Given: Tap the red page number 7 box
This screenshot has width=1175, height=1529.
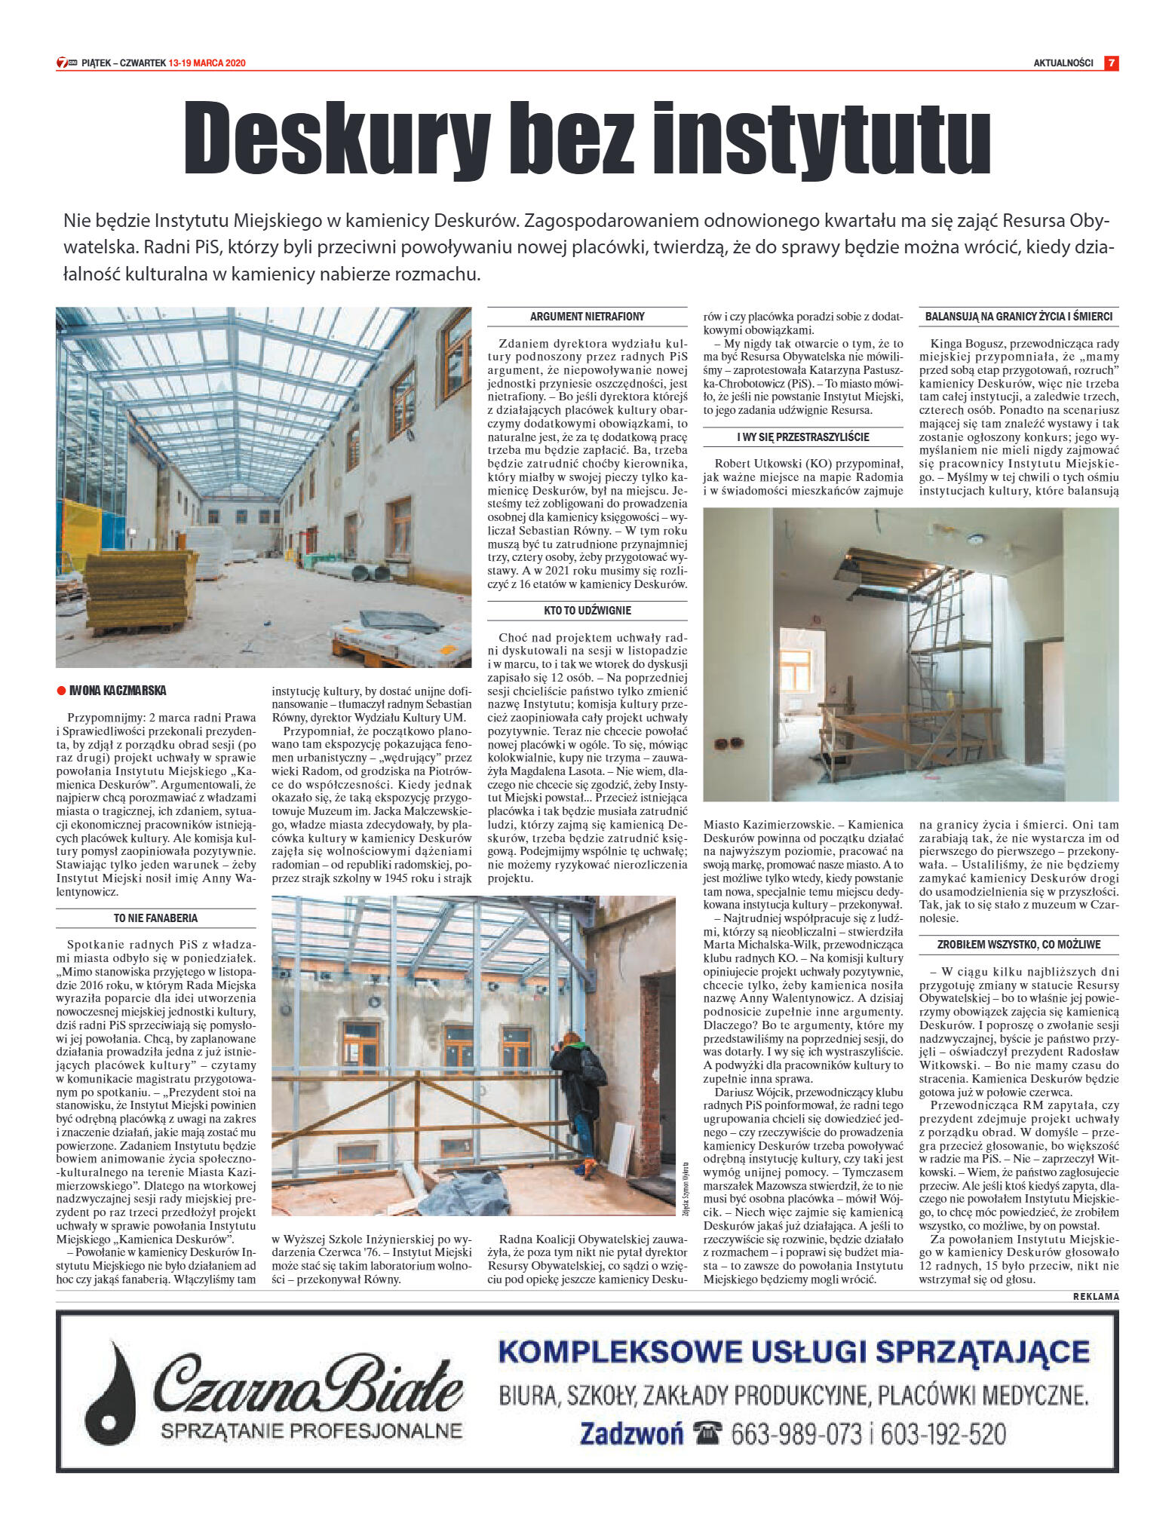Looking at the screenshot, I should [1111, 63].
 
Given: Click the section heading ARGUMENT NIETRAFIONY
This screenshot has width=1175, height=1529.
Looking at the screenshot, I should [587, 317].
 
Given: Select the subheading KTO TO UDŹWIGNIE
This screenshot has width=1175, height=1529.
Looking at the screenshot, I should [587, 610].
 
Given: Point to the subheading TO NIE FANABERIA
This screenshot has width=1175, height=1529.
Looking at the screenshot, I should [155, 918].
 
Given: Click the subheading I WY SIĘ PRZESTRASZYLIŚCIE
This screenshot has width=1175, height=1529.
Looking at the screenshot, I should [802, 437].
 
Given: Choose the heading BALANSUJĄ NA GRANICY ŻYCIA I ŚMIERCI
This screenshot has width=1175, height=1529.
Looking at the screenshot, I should [1018, 317].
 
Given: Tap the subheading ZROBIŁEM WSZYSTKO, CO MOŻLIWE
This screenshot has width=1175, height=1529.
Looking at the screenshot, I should [1018, 944].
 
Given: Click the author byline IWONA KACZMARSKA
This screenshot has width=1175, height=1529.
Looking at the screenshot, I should [118, 690].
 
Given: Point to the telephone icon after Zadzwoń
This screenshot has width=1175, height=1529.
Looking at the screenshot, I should [707, 1432].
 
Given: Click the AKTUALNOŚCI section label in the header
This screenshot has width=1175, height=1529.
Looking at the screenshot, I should [1063, 63].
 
